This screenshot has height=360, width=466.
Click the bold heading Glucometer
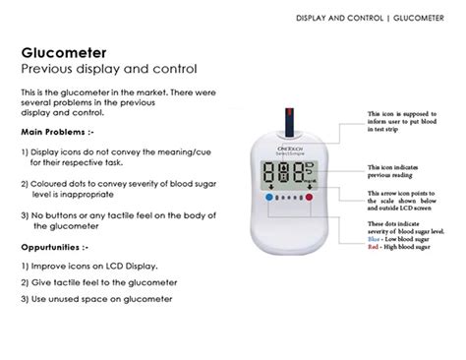click(x=64, y=51)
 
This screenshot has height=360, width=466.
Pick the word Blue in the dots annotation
click(x=376, y=238)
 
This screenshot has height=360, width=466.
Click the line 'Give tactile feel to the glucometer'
click(x=99, y=283)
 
